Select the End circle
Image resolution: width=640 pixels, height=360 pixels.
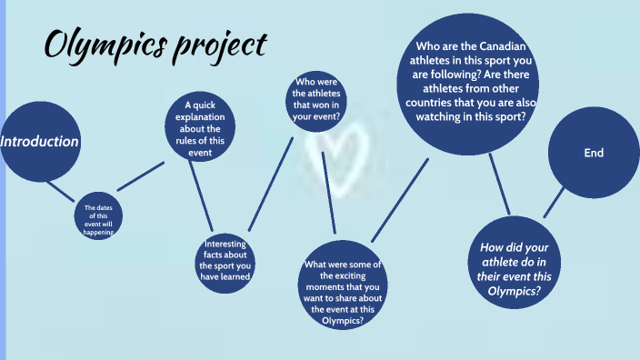(x=593, y=154)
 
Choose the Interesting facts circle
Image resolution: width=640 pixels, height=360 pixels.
(x=225, y=260)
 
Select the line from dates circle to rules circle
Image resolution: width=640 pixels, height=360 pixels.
(x=142, y=177)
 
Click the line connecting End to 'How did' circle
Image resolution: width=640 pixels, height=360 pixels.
(x=555, y=202)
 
